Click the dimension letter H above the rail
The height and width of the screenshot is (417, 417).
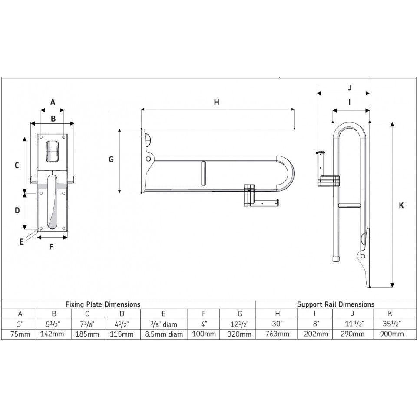(217, 102)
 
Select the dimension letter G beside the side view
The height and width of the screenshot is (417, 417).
(111, 159)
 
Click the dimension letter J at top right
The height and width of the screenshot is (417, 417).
(350, 87)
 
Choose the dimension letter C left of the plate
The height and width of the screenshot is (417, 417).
(17, 165)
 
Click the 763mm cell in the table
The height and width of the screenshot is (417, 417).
(278, 334)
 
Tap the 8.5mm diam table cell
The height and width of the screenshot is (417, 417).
(163, 334)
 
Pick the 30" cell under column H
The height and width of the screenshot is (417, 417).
(278, 324)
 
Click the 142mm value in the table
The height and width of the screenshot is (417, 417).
(53, 334)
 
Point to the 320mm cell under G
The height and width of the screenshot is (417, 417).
(238, 334)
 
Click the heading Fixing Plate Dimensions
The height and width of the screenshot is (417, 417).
(103, 304)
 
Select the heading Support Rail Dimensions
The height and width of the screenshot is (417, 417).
(335, 304)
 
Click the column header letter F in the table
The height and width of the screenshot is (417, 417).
(203, 314)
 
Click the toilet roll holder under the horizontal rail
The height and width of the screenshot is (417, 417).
(261, 200)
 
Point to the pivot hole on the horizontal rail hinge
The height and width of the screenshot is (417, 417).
(149, 159)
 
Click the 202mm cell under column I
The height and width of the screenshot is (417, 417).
(316, 334)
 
